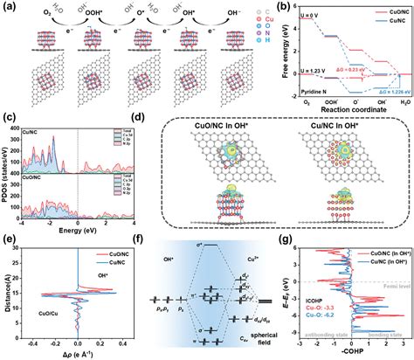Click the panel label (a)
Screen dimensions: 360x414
(x=8, y=6)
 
